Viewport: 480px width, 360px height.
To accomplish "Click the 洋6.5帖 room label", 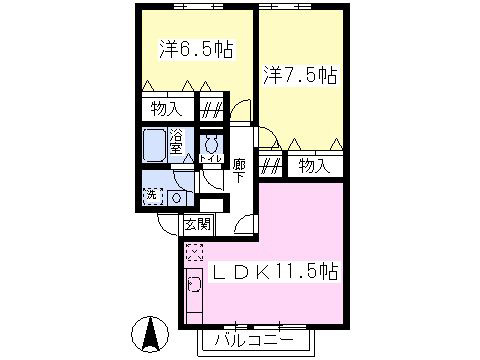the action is click(x=196, y=50).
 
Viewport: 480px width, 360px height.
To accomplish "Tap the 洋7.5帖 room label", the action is click(x=300, y=75).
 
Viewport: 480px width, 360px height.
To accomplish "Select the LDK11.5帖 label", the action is click(x=274, y=272).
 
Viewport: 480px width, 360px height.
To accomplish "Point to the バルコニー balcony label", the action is click(x=254, y=340).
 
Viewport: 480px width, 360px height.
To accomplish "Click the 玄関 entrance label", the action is click(x=198, y=225).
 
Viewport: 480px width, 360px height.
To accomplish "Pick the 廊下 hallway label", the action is click(x=239, y=171).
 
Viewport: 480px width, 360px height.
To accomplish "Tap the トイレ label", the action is click(x=211, y=158).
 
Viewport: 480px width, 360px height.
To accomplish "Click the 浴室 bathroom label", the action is click(x=176, y=142).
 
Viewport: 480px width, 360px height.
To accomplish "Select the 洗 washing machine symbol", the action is click(x=153, y=196).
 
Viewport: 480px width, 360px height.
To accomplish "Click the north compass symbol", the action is click(x=150, y=334).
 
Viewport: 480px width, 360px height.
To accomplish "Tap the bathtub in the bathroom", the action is click(x=154, y=145).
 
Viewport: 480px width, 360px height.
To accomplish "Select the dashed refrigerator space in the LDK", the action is click(x=194, y=252).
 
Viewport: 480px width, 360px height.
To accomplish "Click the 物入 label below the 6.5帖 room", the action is click(x=167, y=109).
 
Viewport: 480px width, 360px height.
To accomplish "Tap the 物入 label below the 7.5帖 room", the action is click(x=314, y=166).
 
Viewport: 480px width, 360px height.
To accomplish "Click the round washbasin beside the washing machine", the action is click(x=177, y=198).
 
